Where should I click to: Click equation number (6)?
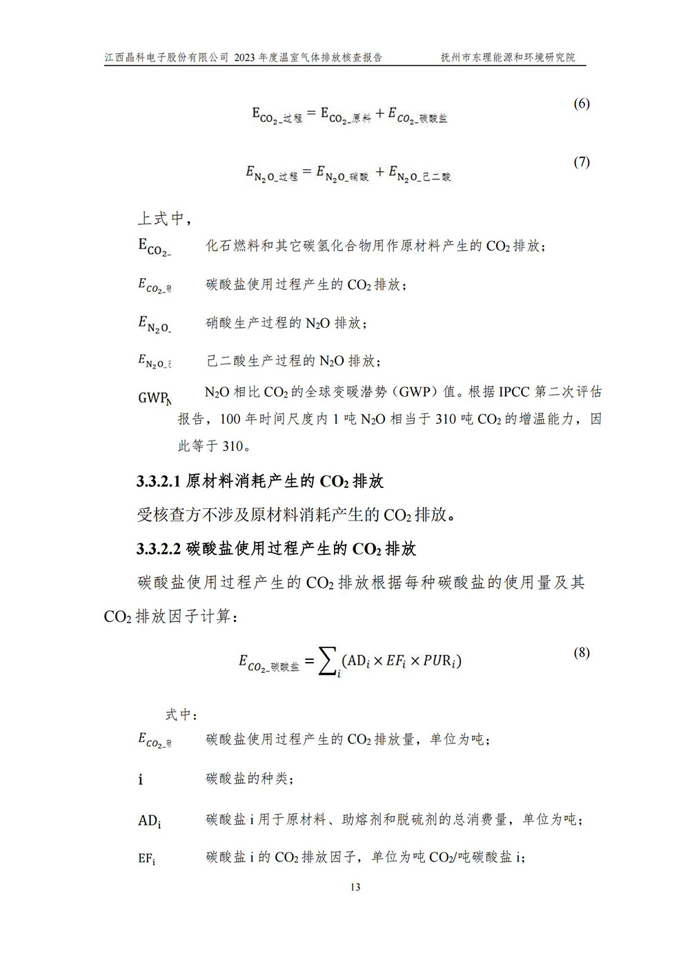click(582, 104)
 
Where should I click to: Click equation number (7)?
click(582, 162)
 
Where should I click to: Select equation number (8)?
click(582, 652)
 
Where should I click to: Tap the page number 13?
click(355, 887)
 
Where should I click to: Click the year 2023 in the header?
click(244, 58)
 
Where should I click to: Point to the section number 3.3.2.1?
click(159, 482)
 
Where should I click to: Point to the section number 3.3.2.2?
click(159, 549)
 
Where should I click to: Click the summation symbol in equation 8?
click(327, 662)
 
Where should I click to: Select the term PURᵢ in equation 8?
click(440, 661)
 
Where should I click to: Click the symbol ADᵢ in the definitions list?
click(149, 821)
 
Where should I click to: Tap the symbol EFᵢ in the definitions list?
click(146, 859)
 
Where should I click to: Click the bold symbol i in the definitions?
click(141, 780)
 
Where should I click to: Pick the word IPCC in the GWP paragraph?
click(514, 392)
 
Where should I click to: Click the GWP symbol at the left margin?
click(154, 398)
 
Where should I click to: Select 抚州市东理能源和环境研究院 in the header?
click(508, 58)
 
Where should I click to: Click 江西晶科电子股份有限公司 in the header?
click(166, 58)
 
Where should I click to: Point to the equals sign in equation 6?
click(311, 113)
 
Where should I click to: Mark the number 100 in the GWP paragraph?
click(229, 419)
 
